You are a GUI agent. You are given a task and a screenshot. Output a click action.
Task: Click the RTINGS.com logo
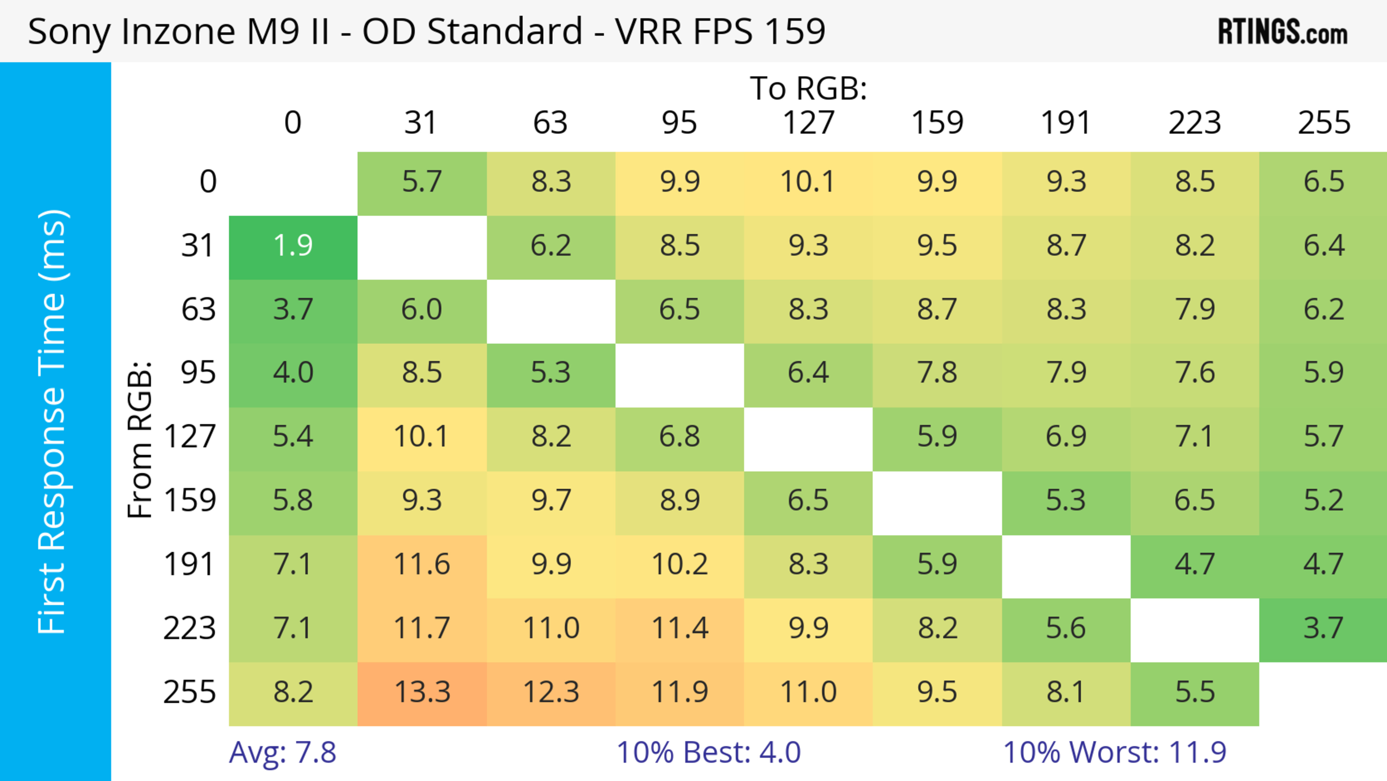1283,32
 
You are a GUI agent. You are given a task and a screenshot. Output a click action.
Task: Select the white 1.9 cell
293,246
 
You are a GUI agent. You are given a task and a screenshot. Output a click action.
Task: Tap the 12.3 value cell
551,693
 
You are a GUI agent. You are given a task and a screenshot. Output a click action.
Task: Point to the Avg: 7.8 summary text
283,752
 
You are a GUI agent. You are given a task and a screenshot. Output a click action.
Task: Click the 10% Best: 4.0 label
709,752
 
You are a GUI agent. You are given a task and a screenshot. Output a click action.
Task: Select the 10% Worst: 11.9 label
1115,752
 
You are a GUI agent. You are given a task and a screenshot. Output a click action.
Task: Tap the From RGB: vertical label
140,439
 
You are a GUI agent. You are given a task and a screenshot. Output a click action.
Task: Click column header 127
808,123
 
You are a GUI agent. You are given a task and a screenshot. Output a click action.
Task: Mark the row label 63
198,310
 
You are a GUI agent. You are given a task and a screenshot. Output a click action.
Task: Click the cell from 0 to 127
808,182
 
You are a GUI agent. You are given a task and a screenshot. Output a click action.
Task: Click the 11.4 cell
679,628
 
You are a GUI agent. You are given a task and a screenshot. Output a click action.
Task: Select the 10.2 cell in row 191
679,565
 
